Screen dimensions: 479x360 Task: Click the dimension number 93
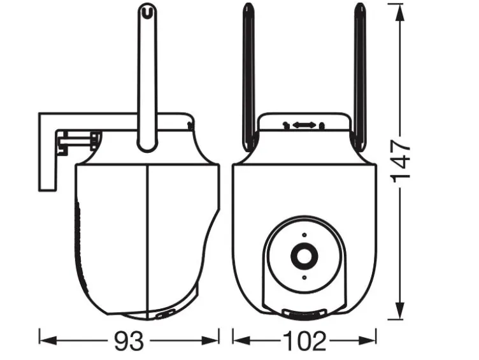coord(129,341)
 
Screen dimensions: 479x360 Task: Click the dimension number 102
coord(304,341)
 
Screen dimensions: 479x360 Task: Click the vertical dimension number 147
coord(401,161)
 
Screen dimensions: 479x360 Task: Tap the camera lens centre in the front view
coord(304,256)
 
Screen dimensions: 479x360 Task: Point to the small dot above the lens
coord(304,234)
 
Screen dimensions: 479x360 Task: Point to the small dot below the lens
coord(304,278)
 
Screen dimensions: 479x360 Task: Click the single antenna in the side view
coord(148,77)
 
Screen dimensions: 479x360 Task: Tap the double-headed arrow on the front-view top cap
coord(304,125)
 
